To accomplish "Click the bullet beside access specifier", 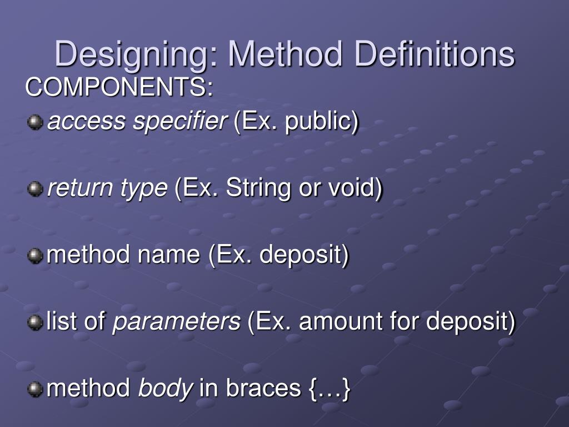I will pyautogui.click(x=36, y=122).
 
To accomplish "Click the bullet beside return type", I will pyautogui.click(x=36, y=189).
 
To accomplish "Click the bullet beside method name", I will pyautogui.click(x=36, y=256).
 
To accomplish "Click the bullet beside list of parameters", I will pyautogui.click(x=36, y=322).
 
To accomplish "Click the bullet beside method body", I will pyautogui.click(x=36, y=389).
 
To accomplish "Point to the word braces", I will pyautogui.click(x=263, y=388).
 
